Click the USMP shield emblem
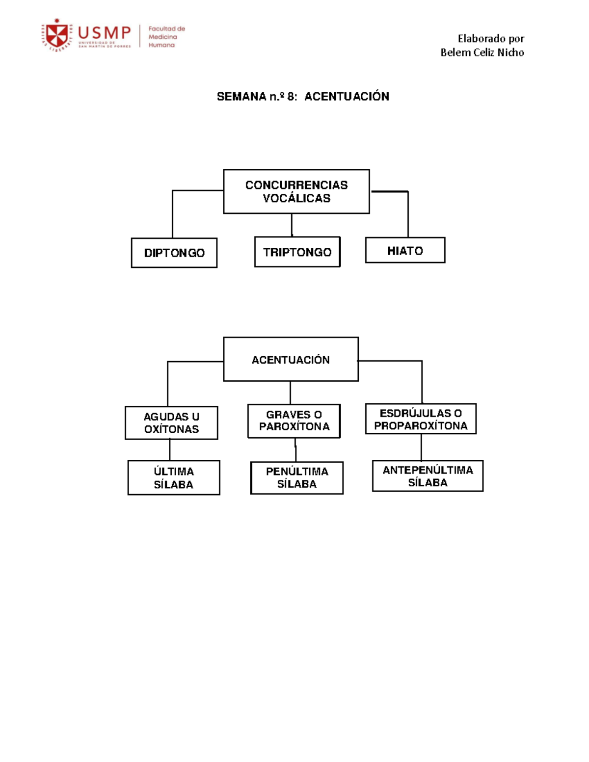click(x=57, y=35)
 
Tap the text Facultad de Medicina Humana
click(x=166, y=36)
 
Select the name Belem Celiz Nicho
click(x=482, y=53)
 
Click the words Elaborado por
click(x=491, y=39)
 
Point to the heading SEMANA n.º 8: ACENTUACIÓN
click(x=303, y=96)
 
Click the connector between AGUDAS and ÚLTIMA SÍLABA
click(x=170, y=450)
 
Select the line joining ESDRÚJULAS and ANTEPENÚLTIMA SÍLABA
click(x=421, y=447)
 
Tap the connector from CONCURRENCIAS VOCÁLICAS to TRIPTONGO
click(x=292, y=225)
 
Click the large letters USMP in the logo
click(x=104, y=33)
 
